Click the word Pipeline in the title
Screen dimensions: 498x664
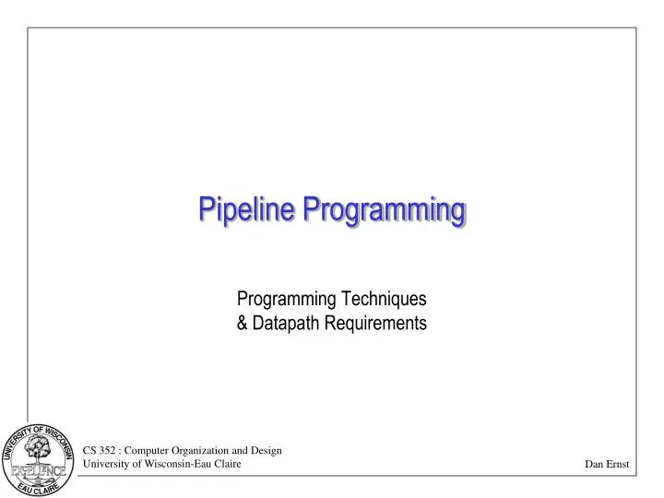tap(248, 210)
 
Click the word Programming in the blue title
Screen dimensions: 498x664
tap(385, 211)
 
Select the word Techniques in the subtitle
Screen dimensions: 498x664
tap(385, 299)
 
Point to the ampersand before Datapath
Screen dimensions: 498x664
tap(243, 323)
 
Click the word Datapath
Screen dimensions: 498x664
tap(283, 323)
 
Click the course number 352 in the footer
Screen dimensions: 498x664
tap(109, 450)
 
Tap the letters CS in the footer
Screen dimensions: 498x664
tap(90, 450)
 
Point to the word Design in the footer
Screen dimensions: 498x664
tap(267, 450)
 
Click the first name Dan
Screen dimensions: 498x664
tap(594, 465)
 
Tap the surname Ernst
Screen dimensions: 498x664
tap(618, 465)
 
